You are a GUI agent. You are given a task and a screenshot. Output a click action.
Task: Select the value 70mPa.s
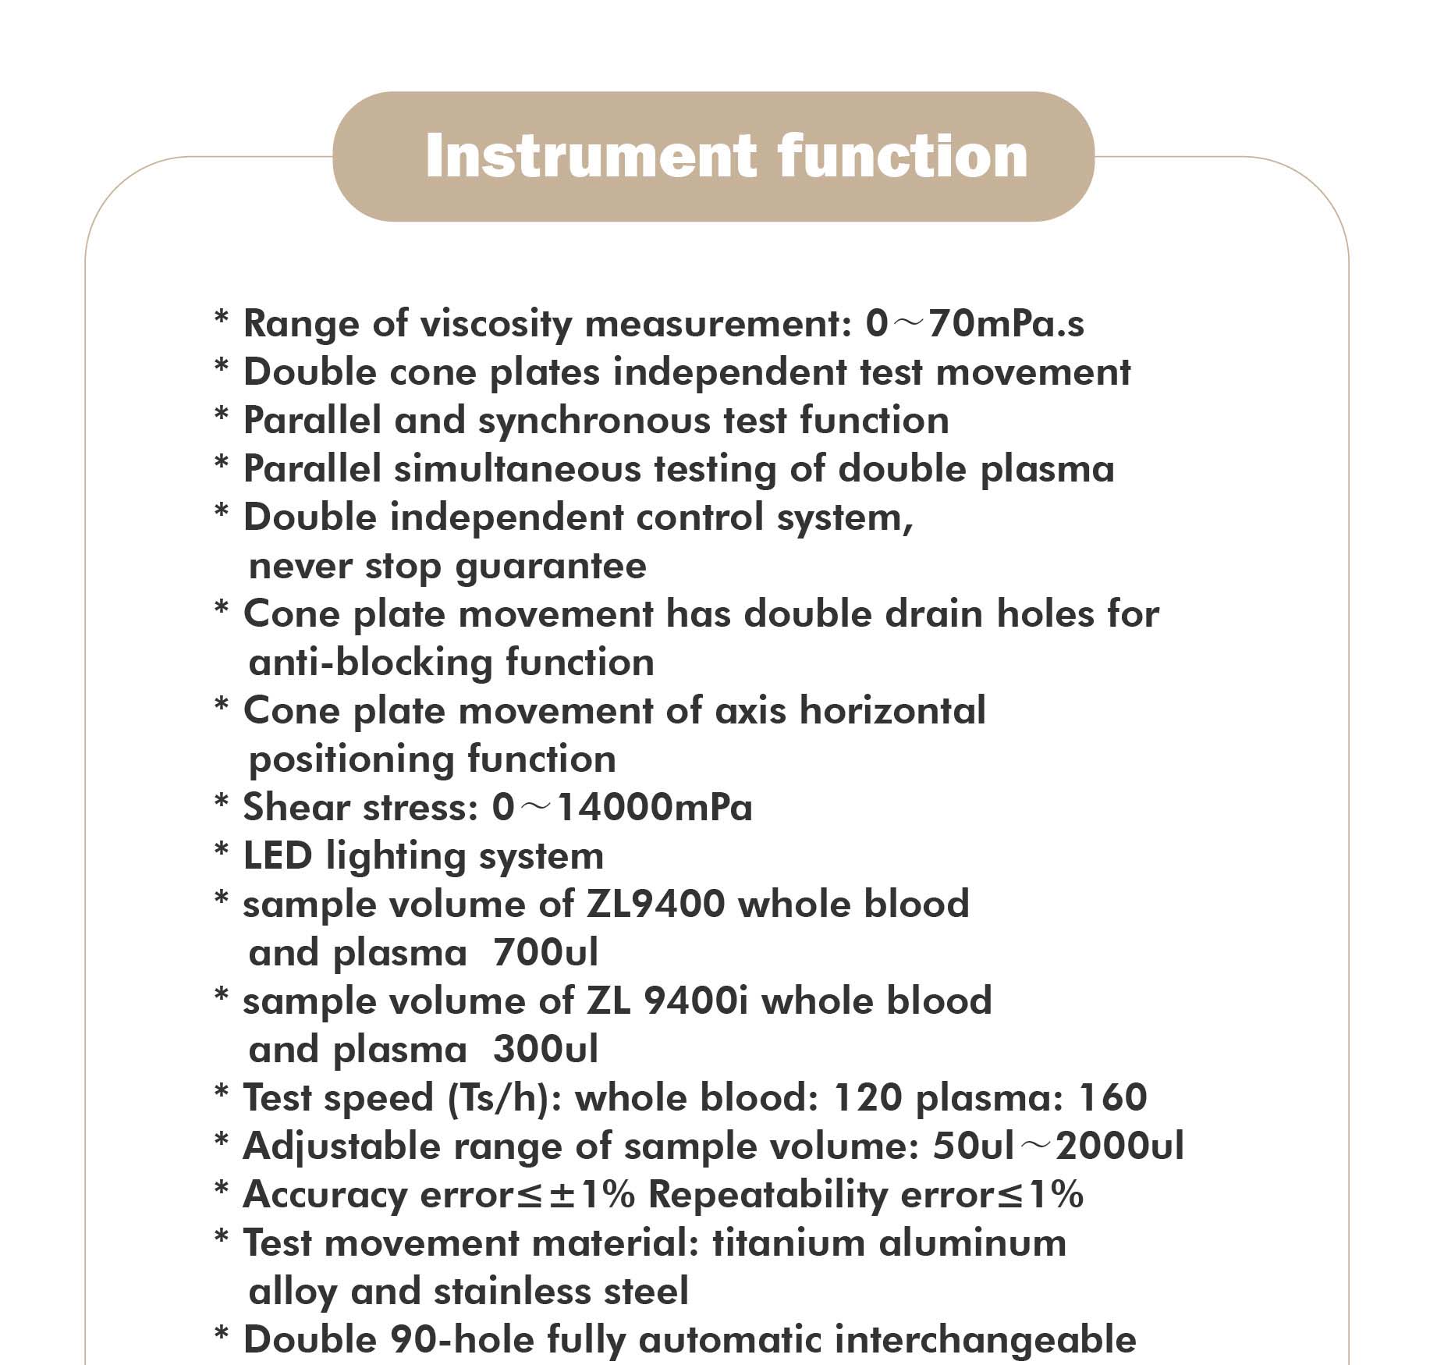click(1006, 324)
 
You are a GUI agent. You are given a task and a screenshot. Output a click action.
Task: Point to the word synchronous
click(594, 421)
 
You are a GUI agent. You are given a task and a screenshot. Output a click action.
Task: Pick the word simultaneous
click(517, 469)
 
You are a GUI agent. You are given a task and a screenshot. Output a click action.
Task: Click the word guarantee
click(551, 566)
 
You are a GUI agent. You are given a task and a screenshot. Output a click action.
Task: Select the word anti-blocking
click(370, 663)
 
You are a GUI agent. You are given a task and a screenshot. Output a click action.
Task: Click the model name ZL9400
click(655, 905)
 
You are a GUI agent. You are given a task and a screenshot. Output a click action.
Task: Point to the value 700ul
click(545, 953)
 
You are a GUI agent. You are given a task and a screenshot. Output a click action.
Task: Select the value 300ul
click(545, 1050)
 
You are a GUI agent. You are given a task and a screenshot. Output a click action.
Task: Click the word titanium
click(789, 1243)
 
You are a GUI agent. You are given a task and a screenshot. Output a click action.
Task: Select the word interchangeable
click(985, 1340)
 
